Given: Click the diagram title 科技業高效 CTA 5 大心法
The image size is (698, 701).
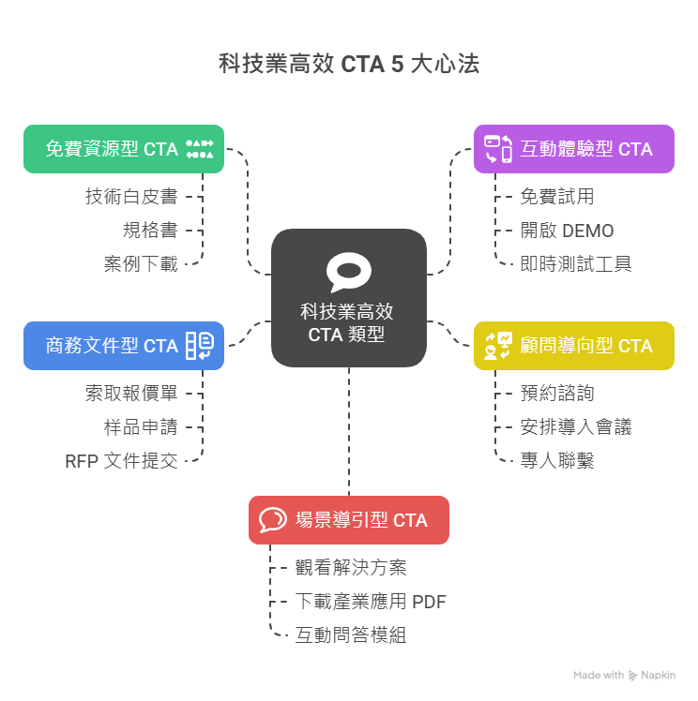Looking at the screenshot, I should pyautogui.click(x=348, y=65).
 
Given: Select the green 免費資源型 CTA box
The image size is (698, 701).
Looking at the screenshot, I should pyautogui.click(x=123, y=149).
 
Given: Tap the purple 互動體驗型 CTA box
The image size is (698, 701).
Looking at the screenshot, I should pyautogui.click(x=573, y=149).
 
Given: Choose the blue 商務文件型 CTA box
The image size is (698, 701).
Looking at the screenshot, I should pyautogui.click(x=123, y=346).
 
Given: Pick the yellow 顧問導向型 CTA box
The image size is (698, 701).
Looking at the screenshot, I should pyautogui.click(x=573, y=346).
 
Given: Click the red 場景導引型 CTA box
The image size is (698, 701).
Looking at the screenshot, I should pyautogui.click(x=348, y=520).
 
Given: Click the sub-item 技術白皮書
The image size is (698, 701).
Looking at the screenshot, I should pyautogui.click(x=131, y=197).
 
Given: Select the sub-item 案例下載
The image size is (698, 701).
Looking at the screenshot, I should pyautogui.click(x=141, y=264).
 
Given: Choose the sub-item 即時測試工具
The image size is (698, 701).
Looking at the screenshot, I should pyautogui.click(x=576, y=264).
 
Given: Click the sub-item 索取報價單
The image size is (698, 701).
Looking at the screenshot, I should pyautogui.click(x=131, y=394).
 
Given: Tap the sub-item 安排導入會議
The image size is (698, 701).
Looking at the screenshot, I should pyautogui.click(x=576, y=427).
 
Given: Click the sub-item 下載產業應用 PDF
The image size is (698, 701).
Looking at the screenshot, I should pyautogui.click(x=371, y=602).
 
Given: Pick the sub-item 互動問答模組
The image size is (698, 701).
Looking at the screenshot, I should pyautogui.click(x=351, y=635).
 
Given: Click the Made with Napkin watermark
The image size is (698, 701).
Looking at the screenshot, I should pyautogui.click(x=624, y=675).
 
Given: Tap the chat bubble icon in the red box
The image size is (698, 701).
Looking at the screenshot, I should pyautogui.click(x=272, y=520).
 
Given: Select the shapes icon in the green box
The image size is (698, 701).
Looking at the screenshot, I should pyautogui.click(x=200, y=149).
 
